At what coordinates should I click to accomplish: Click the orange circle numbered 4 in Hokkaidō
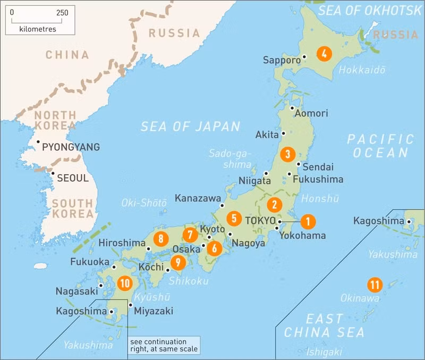pos(324,53)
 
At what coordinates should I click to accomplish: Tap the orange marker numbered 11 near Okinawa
pos(375,285)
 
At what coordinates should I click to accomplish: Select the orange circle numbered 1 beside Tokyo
pos(308,221)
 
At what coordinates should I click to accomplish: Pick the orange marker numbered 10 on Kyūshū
pos(125,283)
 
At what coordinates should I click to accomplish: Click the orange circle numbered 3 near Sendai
pos(287,155)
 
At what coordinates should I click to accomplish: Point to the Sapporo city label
pos(282,60)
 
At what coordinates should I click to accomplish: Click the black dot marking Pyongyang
pos(38,142)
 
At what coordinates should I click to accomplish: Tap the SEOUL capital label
pos(72,178)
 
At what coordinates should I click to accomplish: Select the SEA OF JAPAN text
pos(190,126)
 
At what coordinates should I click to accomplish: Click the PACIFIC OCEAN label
pos(380,146)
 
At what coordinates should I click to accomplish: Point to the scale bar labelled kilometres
pos(40,20)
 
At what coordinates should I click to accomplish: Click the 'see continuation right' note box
pos(164,345)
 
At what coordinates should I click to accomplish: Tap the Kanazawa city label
pos(198,198)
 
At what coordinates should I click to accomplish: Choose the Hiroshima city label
pos(122,243)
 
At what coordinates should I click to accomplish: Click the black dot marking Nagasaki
pos(100,285)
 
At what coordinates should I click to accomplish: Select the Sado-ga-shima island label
pos(229,159)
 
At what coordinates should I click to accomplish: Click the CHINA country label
pos(67,55)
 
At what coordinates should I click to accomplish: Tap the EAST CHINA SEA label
pos(324,326)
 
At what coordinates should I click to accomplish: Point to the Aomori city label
pos(311,113)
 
